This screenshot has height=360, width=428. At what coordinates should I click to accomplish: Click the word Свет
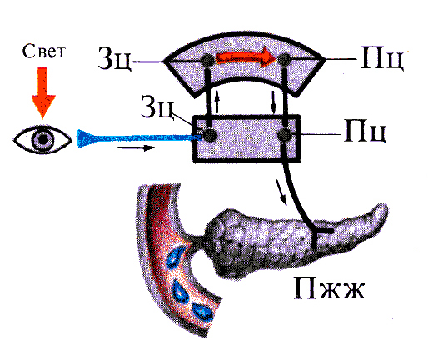click(x=44, y=52)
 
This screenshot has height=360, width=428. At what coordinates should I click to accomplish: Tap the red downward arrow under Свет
click(x=43, y=92)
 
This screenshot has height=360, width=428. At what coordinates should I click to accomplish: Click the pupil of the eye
click(x=42, y=139)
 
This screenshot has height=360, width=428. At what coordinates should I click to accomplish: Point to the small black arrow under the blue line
click(x=136, y=147)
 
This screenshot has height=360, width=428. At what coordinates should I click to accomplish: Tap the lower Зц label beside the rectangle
click(x=157, y=107)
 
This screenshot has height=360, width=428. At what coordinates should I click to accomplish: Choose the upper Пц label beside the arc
click(x=382, y=58)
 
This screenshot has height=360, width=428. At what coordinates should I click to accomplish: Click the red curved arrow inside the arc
click(x=246, y=57)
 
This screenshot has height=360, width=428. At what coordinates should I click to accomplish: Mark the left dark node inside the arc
click(x=207, y=60)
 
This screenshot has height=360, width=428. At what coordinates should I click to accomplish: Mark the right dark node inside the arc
click(x=284, y=59)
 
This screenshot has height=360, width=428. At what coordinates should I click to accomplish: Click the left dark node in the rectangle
click(x=210, y=135)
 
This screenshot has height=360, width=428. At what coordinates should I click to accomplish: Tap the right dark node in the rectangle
click(x=285, y=135)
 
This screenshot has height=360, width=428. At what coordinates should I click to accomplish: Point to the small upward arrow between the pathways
click(x=217, y=102)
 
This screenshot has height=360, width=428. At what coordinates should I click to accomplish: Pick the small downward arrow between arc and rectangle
click(x=274, y=102)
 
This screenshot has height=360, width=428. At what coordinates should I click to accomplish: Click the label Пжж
click(x=329, y=288)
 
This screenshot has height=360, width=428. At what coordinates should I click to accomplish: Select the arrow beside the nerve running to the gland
click(x=281, y=192)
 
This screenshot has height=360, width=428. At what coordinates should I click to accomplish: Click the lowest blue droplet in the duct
click(x=203, y=312)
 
